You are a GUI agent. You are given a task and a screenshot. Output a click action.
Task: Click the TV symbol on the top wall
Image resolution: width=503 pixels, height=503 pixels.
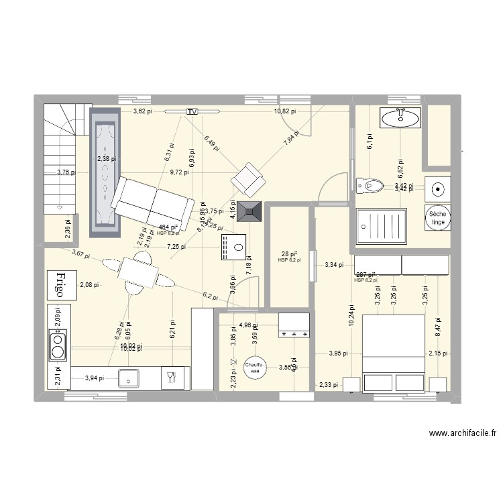coord(192,111)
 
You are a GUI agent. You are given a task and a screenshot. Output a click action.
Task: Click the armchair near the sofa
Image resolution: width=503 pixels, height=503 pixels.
coord(246,177)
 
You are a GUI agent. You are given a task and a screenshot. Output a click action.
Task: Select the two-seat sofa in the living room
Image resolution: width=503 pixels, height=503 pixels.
coord(151,203)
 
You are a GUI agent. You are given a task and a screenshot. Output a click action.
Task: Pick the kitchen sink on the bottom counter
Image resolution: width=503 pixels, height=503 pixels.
coord(128,378)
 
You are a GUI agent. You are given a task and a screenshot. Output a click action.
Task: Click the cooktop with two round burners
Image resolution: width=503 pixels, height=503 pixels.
coord(58,341)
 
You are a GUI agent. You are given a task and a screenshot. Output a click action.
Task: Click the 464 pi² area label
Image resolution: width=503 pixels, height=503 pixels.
coord(168,228)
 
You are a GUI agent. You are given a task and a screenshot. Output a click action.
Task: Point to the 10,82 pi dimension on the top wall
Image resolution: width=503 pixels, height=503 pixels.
coord(285,111)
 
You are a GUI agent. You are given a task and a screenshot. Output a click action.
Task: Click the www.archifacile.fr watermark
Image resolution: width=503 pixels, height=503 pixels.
coord(462,434)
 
